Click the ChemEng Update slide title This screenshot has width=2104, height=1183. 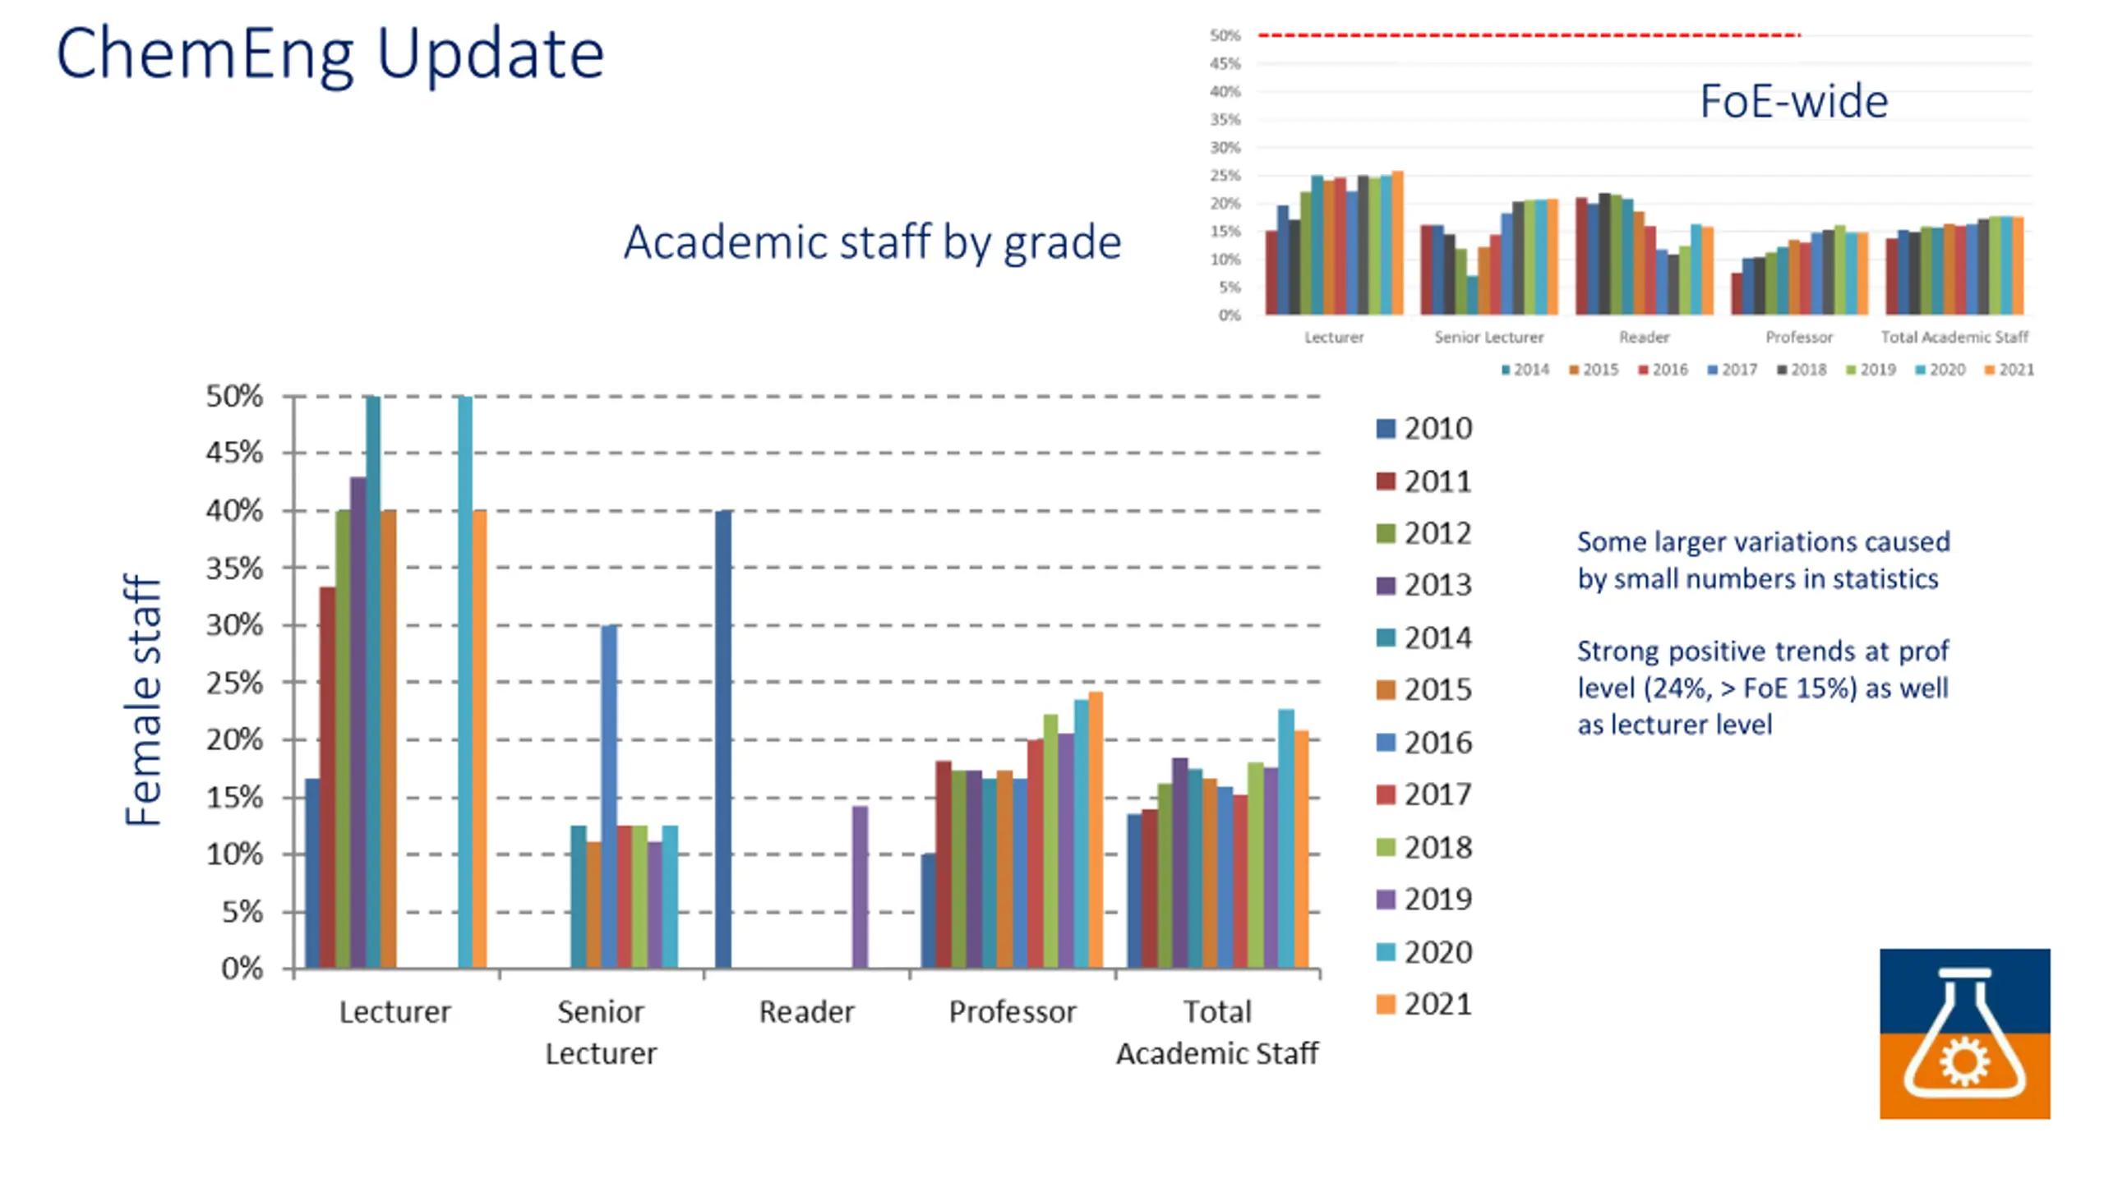(x=330, y=54)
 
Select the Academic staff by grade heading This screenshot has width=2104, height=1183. (x=872, y=242)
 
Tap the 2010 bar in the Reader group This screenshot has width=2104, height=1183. (x=722, y=739)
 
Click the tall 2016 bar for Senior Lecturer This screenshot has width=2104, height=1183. (x=609, y=797)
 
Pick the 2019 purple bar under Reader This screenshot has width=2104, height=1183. (x=860, y=887)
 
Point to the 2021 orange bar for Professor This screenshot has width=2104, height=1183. (x=1096, y=830)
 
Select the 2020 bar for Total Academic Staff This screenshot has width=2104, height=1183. (x=1286, y=838)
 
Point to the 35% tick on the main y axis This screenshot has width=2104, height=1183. (x=234, y=568)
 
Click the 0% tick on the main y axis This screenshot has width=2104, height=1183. (x=242, y=969)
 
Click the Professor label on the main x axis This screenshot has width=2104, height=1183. (x=1013, y=1012)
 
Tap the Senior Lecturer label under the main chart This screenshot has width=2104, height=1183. (x=601, y=1032)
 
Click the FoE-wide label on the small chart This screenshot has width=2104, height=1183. (x=1793, y=102)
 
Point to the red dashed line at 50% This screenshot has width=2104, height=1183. (x=1529, y=35)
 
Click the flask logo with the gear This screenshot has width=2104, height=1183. (x=1964, y=1033)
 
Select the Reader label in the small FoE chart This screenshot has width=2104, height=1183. (x=1644, y=337)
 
